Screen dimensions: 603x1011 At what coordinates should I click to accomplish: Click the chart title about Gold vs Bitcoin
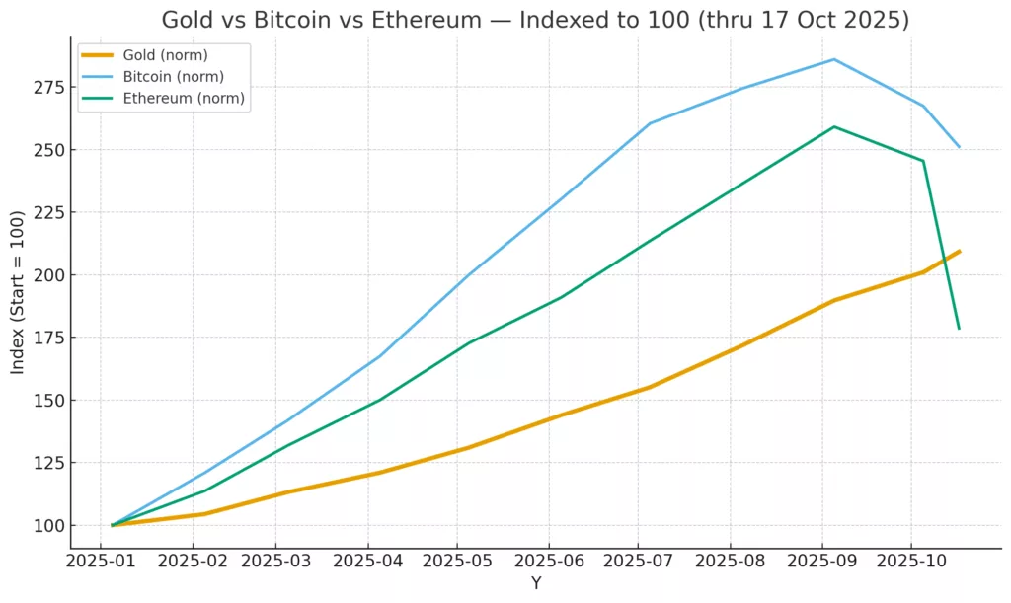(535, 20)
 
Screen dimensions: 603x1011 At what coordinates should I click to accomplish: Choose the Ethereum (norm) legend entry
(184, 98)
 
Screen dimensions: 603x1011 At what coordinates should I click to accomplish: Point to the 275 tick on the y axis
(47, 88)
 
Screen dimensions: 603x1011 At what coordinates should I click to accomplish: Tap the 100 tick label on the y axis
(47, 525)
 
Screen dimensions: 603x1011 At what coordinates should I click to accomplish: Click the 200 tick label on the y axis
(47, 275)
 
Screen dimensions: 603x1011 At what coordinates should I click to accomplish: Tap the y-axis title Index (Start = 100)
(18, 296)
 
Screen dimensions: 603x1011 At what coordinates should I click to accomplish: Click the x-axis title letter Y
(536, 583)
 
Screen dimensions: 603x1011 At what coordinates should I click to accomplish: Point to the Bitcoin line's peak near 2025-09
(834, 59)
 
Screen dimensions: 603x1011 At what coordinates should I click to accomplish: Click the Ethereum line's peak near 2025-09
(834, 126)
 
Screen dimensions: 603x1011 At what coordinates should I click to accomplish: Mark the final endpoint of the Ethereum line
(959, 329)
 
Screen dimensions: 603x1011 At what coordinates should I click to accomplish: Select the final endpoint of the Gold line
(959, 251)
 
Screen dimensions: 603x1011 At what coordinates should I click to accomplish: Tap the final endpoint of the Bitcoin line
(959, 147)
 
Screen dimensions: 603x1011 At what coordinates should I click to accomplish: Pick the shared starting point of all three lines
(113, 525)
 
